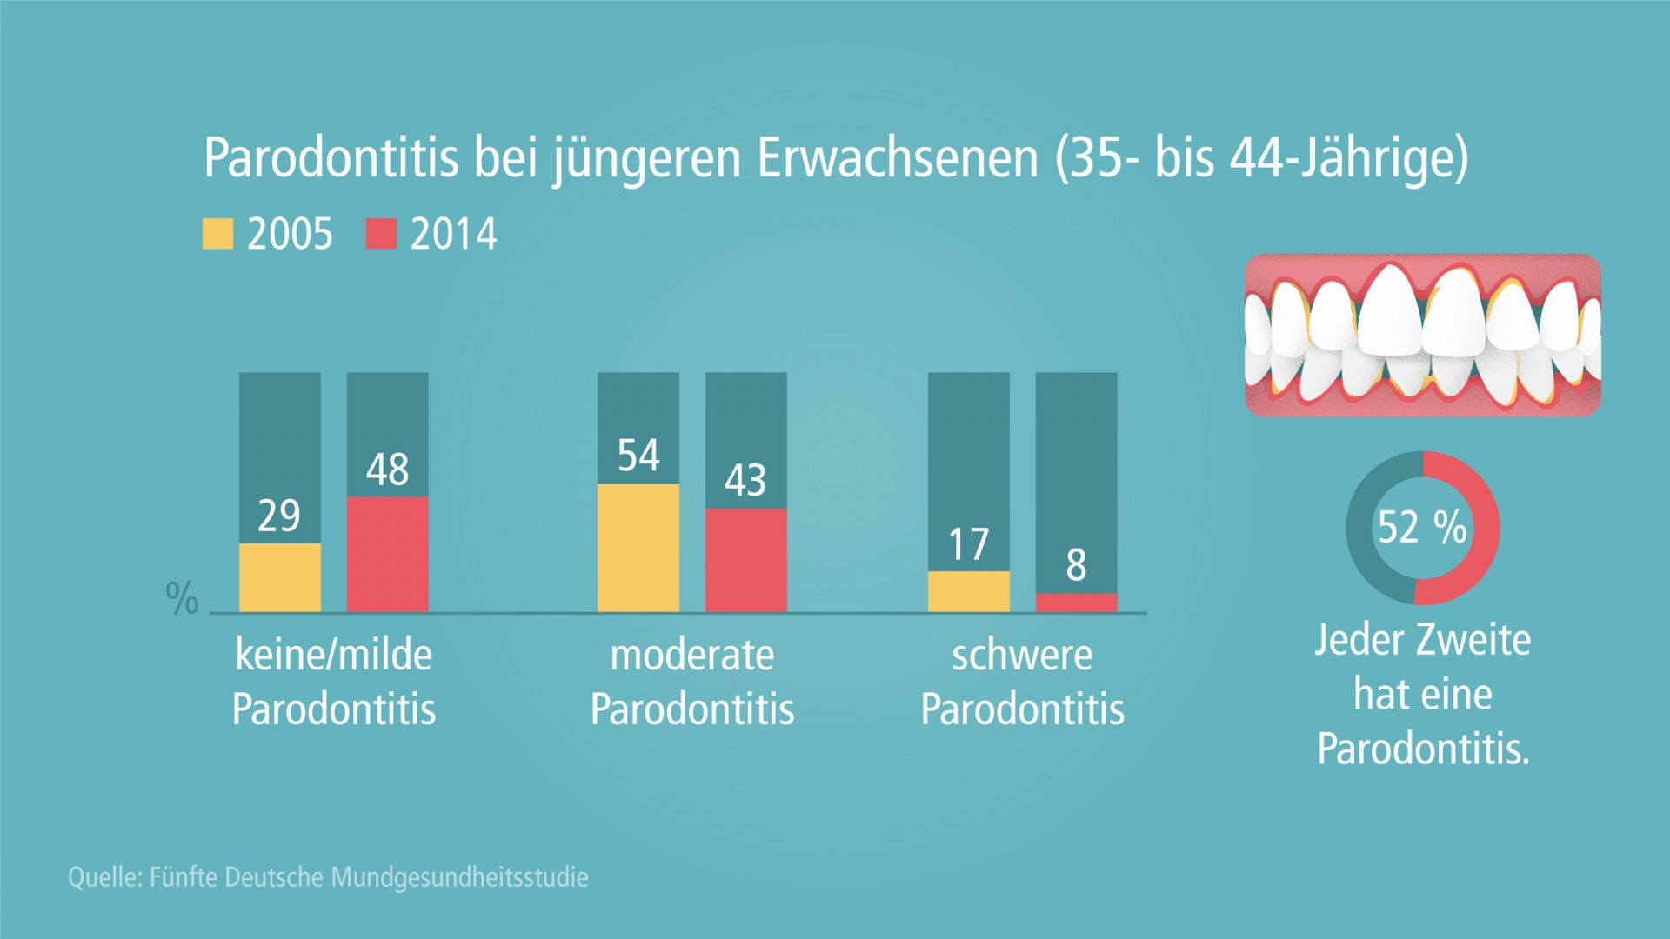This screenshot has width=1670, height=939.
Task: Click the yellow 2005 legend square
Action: point(217,233)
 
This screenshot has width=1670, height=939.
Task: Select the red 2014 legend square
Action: point(381,233)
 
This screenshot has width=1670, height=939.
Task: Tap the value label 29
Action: point(279,516)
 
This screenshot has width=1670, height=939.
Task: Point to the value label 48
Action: point(387,470)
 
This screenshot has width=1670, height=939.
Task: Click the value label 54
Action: point(638,456)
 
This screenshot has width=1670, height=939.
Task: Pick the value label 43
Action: point(745,480)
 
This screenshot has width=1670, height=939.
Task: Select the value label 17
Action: point(968,545)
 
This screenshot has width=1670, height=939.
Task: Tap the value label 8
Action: point(1076,565)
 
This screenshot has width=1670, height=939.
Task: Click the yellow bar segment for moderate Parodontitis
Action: point(638,548)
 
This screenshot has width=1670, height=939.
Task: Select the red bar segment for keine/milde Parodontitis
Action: point(387,554)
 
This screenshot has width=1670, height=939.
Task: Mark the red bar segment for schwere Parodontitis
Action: point(1076,603)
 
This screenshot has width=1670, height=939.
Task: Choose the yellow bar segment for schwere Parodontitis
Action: point(968,591)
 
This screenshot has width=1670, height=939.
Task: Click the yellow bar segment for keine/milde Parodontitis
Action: point(279,577)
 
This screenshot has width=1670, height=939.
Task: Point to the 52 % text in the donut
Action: point(1422,527)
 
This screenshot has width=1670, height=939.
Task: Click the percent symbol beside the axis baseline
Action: point(182,599)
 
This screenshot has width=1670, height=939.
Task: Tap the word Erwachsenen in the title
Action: point(898,158)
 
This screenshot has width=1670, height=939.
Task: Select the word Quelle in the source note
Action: point(104,877)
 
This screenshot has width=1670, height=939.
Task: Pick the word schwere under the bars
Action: point(1022,656)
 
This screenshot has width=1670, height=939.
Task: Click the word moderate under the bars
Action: point(691,656)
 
